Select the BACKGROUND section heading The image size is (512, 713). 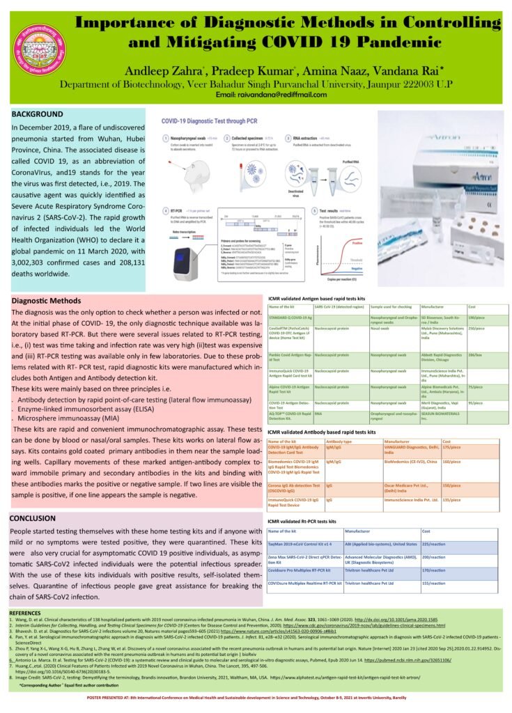(38, 113)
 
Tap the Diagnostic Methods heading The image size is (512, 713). (47, 300)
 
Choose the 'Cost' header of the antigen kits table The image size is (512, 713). (472, 307)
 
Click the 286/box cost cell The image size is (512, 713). (475, 354)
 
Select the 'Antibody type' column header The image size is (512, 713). (339, 441)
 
